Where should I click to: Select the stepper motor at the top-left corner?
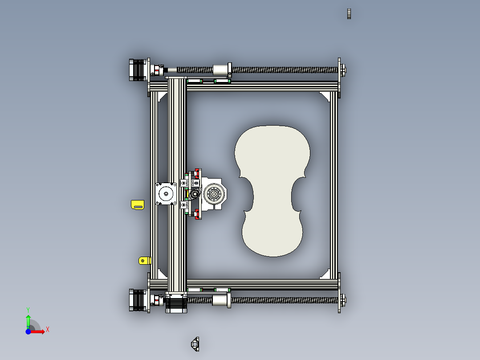click(x=137, y=70)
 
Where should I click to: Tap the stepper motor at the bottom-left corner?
click(x=137, y=300)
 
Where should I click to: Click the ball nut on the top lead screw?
click(x=221, y=70)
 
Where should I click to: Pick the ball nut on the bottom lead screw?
click(x=221, y=300)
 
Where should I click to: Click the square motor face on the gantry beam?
click(x=166, y=193)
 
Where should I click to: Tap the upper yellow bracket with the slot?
click(x=138, y=205)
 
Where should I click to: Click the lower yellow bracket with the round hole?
click(x=144, y=260)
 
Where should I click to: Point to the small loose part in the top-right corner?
click(x=350, y=14)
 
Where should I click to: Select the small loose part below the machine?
click(x=195, y=344)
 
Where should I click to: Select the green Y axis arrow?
click(x=28, y=319)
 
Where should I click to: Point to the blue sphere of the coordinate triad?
click(x=28, y=332)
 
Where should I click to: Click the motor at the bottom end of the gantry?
click(x=177, y=304)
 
